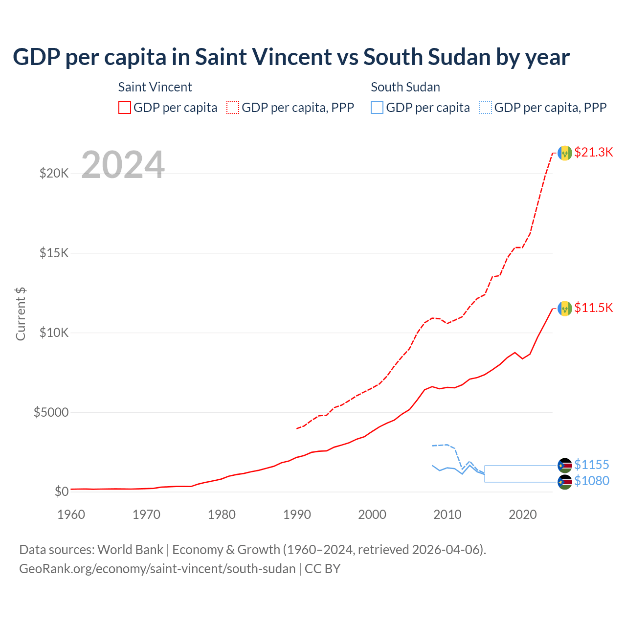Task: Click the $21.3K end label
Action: pyautogui.click(x=593, y=152)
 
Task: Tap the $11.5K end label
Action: pyautogui.click(x=593, y=308)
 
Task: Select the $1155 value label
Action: pyautogui.click(x=592, y=465)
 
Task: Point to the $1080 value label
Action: pyautogui.click(x=592, y=481)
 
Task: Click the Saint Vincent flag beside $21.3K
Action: pyautogui.click(x=565, y=153)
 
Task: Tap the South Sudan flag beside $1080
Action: pyautogui.click(x=565, y=482)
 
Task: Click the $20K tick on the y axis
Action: pyautogui.click(x=54, y=173)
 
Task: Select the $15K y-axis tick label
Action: pyautogui.click(x=54, y=253)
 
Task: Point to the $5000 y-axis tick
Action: pyautogui.click(x=51, y=412)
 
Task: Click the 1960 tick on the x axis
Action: pyautogui.click(x=71, y=514)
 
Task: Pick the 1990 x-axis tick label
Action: pyautogui.click(x=297, y=514)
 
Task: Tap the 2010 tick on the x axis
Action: pyautogui.click(x=447, y=514)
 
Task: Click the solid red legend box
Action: pyautogui.click(x=125, y=108)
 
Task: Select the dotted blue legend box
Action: pyautogui.click(x=485, y=108)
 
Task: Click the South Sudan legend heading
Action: pyautogui.click(x=405, y=87)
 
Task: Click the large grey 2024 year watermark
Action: pyautogui.click(x=123, y=165)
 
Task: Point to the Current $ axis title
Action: pyautogui.click(x=21, y=314)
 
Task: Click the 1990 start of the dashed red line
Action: pyautogui.click(x=297, y=428)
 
